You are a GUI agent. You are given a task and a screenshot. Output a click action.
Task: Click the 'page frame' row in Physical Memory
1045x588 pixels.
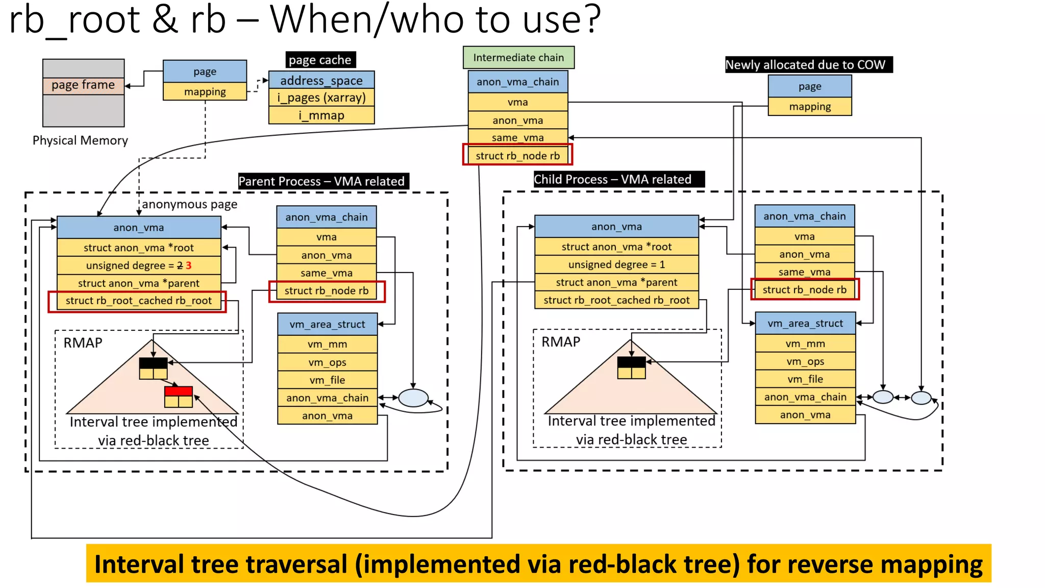click(83, 85)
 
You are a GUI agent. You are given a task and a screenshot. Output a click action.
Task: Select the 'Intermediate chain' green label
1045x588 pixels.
click(518, 58)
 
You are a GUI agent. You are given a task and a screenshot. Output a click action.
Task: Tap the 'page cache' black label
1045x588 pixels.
click(320, 60)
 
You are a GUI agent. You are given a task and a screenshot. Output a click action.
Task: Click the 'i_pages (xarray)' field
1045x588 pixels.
click(321, 97)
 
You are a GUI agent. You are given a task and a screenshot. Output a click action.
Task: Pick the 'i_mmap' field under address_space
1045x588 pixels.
click(321, 115)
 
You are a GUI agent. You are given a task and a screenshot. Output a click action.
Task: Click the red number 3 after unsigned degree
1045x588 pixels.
click(189, 265)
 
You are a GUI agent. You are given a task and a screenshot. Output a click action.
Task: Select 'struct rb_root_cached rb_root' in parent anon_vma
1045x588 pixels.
click(138, 301)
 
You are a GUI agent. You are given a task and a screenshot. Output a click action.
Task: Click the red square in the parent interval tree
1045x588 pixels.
click(179, 391)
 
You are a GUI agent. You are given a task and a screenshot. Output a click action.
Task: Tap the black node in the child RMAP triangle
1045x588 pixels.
click(631, 362)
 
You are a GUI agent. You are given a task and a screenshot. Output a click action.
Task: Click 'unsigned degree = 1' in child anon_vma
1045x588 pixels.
click(616, 264)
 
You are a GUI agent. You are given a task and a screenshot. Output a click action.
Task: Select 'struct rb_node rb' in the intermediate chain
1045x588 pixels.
click(517, 156)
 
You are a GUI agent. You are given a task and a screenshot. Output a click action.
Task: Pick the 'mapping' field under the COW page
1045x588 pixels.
click(810, 107)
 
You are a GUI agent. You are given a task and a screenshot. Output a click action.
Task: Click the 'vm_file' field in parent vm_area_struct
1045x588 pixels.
click(327, 380)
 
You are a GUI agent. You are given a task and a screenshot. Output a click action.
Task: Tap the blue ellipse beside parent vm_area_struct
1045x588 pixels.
click(413, 398)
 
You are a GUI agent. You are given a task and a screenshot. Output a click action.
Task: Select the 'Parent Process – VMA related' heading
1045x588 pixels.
click(321, 181)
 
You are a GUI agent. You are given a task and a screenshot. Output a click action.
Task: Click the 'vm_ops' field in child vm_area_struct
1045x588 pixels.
click(805, 361)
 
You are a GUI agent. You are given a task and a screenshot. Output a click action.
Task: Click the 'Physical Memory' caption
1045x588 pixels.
click(80, 140)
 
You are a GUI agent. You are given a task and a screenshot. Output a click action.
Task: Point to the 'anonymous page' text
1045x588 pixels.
click(189, 204)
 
